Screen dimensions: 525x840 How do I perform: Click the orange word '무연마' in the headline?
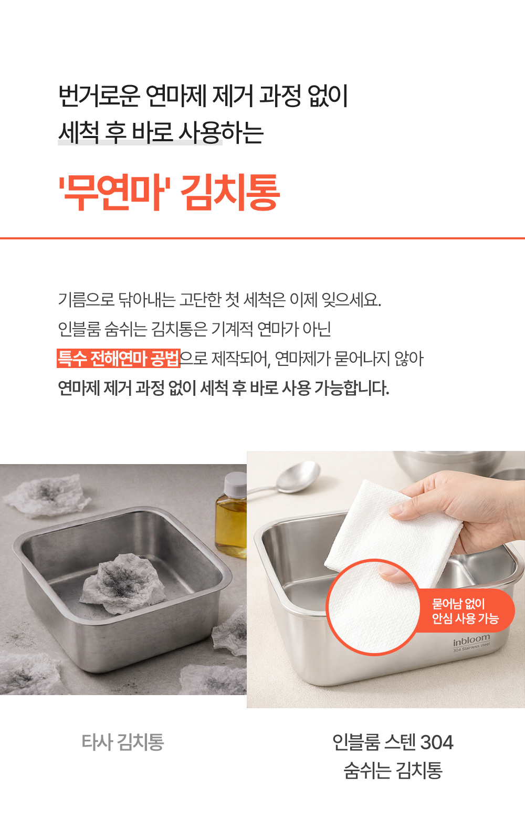(x=115, y=192)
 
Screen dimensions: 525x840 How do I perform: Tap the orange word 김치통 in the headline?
(x=230, y=192)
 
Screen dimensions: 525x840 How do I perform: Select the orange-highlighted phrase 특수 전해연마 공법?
(x=119, y=359)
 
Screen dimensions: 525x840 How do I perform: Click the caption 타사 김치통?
(x=123, y=742)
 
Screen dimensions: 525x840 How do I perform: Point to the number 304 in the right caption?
(x=437, y=742)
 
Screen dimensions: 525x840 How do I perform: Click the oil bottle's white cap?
(x=235, y=484)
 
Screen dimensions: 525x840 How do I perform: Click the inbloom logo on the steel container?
(x=471, y=640)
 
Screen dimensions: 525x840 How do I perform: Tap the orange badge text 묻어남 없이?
(x=458, y=604)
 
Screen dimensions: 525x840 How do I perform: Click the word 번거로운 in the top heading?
(x=99, y=96)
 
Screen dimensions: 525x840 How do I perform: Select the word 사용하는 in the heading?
(x=221, y=132)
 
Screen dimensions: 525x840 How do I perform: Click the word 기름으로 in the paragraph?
(x=86, y=300)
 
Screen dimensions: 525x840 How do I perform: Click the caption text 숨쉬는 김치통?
(x=393, y=771)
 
